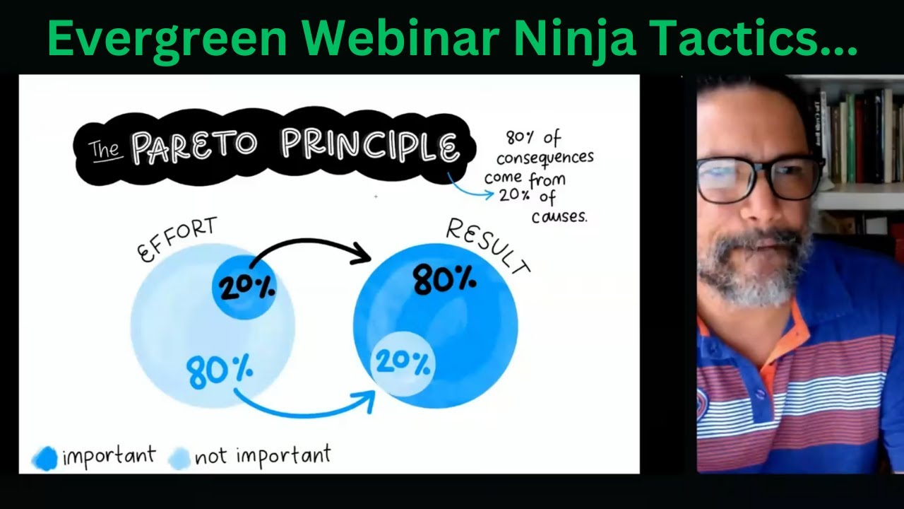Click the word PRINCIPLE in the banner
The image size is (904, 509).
pyautogui.click(x=369, y=145)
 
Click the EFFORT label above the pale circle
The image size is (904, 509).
pyautogui.click(x=177, y=240)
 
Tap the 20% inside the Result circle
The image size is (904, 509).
pyautogui.click(x=403, y=364)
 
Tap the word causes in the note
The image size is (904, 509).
pyautogui.click(x=559, y=216)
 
